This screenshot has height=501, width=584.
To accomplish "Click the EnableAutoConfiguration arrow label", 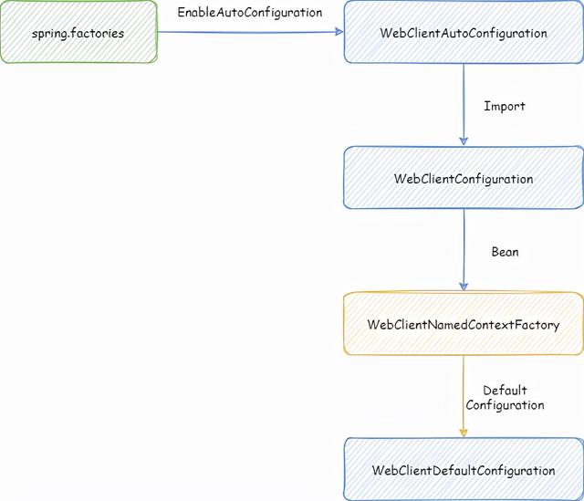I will (249, 14).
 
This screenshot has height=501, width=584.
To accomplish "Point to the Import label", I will (505, 106).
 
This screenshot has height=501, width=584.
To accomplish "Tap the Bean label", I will (505, 252).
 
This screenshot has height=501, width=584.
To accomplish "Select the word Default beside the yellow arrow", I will (505, 391).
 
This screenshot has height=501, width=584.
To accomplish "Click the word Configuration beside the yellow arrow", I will (505, 404).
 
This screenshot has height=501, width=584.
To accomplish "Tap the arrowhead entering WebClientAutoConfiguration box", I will (339, 32).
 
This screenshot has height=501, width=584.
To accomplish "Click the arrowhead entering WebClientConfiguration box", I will (464, 141).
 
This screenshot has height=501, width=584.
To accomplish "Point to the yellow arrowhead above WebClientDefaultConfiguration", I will (464, 432).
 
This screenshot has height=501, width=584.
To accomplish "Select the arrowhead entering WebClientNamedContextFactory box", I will (464, 286).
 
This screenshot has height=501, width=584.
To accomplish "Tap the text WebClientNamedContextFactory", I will (463, 324).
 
